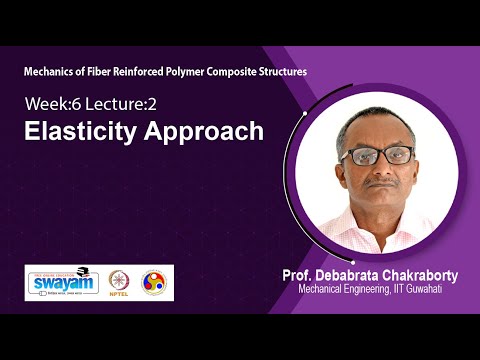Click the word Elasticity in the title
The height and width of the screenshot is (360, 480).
pyautogui.click(x=74, y=130)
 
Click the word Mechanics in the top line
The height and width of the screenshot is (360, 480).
pyautogui.click(x=52, y=73)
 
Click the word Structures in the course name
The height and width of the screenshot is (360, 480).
pyautogui.click(x=278, y=73)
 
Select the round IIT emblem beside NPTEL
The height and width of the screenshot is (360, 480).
pyautogui.click(x=155, y=283)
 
